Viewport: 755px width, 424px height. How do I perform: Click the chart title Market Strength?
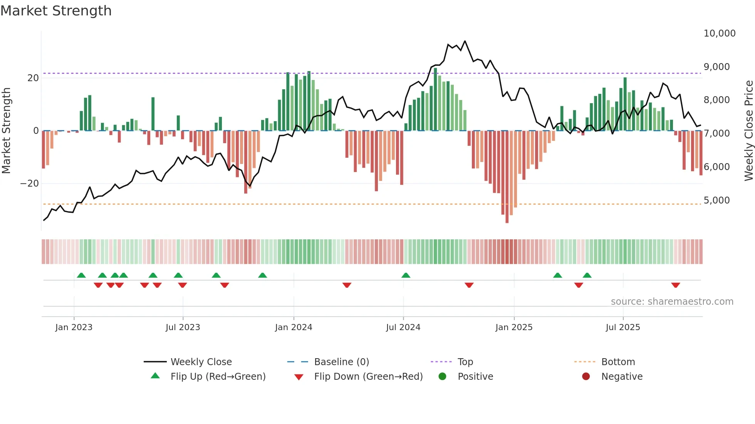[56, 11]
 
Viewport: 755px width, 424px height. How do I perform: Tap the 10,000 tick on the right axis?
[719, 33]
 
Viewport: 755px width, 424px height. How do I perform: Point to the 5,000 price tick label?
[716, 200]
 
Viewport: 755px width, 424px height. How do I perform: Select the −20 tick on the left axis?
[30, 184]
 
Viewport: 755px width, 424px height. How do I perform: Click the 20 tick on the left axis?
[33, 78]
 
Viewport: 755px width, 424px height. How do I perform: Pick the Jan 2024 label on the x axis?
[294, 327]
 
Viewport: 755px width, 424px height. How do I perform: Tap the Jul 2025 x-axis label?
[622, 327]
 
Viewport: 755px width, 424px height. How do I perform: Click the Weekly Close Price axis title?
[748, 130]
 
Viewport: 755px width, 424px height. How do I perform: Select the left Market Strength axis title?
[7, 130]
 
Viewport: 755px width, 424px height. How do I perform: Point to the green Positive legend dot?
[442, 377]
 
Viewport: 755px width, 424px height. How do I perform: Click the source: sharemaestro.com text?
[672, 302]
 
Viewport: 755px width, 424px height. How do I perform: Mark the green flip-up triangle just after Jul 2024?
[406, 275]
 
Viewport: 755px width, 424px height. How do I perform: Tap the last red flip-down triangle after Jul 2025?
[675, 285]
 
